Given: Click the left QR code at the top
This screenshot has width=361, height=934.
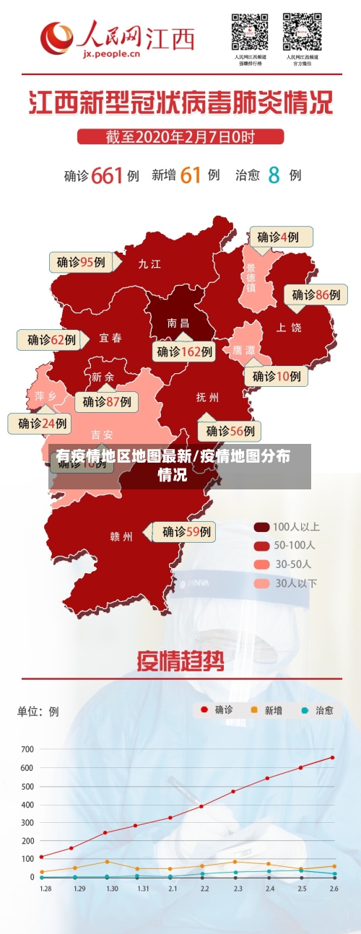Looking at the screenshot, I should click(x=250, y=32).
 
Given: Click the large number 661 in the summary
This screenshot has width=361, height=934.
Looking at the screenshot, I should click(x=107, y=175).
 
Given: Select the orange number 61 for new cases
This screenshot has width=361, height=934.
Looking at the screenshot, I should click(x=190, y=175).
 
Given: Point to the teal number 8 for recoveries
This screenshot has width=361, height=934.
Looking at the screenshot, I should click(x=274, y=175).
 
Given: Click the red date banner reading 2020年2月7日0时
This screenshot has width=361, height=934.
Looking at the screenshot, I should click(x=180, y=136).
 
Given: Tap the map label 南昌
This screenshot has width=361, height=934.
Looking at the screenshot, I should click(x=178, y=323).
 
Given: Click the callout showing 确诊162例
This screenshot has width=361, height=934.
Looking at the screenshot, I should click(x=185, y=352).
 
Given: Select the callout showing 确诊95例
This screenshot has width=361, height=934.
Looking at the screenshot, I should click(x=81, y=262).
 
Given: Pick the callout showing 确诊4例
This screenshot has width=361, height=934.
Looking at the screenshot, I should click(x=280, y=237).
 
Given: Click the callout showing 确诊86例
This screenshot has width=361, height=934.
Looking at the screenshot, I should click(x=316, y=294).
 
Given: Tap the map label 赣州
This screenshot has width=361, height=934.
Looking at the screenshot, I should click(x=121, y=536).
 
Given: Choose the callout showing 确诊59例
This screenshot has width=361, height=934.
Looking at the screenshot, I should click(x=186, y=532).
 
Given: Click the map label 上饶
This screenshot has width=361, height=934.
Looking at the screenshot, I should click(x=289, y=328).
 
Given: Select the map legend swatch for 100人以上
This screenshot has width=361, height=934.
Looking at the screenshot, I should click(x=261, y=527).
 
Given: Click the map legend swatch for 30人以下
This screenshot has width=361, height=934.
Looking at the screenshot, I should click(x=261, y=583).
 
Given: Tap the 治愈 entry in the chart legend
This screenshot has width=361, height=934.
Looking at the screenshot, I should click(x=318, y=710).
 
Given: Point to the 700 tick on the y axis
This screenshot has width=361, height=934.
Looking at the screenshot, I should click(x=27, y=749).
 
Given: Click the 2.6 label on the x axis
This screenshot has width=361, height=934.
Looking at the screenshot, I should click(x=333, y=889).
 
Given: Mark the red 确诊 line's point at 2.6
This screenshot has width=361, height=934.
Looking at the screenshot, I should click(x=333, y=757).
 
